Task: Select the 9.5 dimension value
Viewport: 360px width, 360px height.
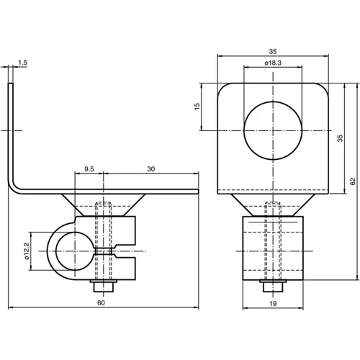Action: tap(89, 168)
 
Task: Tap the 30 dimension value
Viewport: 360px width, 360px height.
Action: tap(150, 168)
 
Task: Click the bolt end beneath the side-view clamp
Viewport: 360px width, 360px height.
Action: tap(105, 286)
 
